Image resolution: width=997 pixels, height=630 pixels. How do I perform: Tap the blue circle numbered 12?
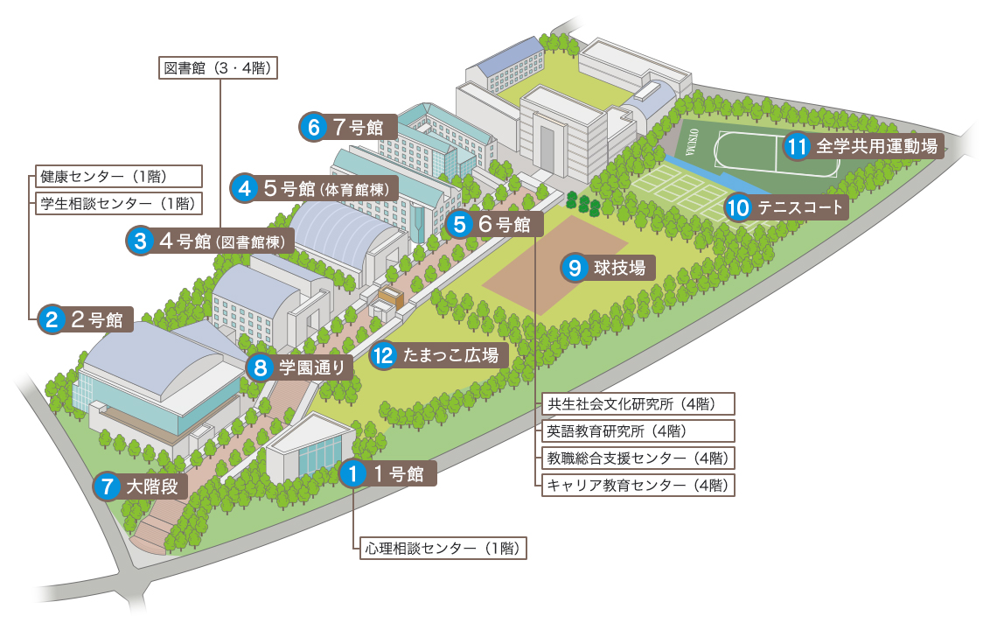pos(383,355)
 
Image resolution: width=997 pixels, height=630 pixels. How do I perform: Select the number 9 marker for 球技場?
pos(575,268)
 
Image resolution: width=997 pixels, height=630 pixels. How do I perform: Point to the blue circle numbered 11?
pos(796,146)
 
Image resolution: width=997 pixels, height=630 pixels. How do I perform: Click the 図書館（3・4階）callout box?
pos(220,67)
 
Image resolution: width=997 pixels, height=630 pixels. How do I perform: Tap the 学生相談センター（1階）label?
pos(117,204)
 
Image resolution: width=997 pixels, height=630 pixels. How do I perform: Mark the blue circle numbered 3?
pos(140,241)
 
